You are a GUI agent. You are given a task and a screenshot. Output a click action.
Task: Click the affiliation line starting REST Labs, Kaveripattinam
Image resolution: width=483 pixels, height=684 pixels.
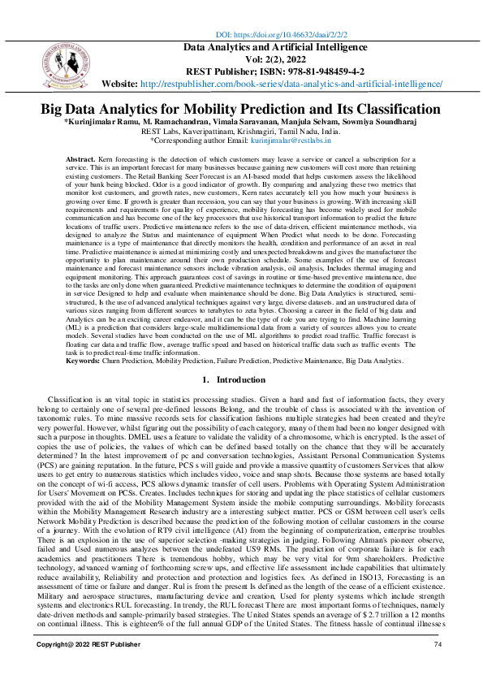tap(240, 132)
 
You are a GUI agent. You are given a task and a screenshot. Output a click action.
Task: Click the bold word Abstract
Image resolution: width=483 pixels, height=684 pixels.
tap(103, 160)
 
